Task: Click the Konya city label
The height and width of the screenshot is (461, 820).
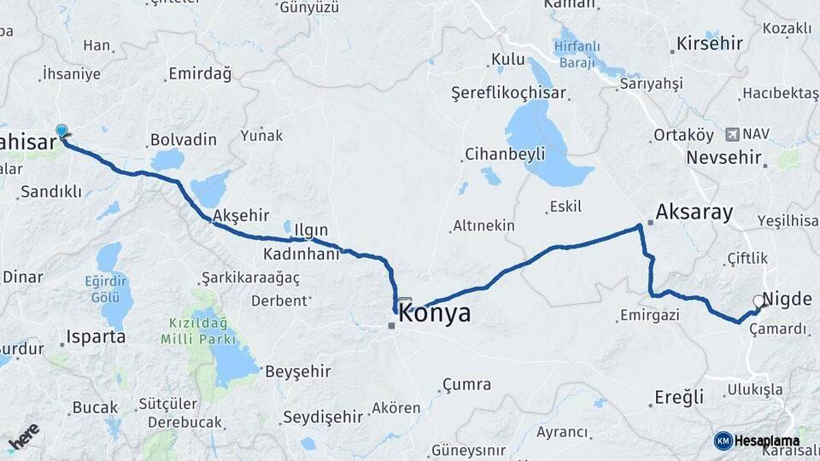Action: (435, 313)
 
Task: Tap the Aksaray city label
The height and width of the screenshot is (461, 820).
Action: (694, 213)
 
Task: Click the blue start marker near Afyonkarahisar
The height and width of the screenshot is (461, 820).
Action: (61, 131)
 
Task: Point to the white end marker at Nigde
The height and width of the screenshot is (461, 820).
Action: (758, 301)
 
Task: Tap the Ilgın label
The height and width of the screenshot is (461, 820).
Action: (310, 230)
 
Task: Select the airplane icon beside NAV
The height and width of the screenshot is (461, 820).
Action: (732, 134)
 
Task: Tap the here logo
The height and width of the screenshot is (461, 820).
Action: (24, 438)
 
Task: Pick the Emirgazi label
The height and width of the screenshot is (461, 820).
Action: (647, 316)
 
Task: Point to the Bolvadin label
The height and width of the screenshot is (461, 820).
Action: (183, 139)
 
